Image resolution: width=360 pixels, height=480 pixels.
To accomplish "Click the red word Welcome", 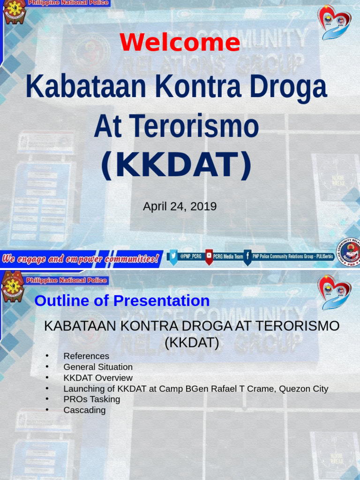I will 180,43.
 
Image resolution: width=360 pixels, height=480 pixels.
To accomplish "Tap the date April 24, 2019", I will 180,206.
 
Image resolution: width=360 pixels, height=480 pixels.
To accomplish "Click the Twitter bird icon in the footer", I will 173,257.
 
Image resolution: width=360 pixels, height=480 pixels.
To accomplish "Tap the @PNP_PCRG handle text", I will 191,257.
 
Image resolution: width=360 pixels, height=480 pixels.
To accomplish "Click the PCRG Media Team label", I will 228,257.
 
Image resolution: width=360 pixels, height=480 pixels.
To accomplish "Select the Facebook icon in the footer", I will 247,257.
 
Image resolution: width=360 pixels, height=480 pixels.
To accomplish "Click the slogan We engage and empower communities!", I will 80,259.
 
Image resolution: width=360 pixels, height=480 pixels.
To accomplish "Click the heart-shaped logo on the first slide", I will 334,22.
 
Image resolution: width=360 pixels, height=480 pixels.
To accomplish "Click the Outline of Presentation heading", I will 122,301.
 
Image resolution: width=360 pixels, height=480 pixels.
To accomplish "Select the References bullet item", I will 86,356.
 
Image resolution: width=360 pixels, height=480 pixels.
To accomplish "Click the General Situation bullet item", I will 98,367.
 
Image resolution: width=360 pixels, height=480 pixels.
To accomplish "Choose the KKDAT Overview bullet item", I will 98,378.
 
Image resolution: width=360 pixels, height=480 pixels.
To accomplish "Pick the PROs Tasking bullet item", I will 92,399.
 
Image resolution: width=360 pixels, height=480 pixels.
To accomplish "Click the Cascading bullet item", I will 84,410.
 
